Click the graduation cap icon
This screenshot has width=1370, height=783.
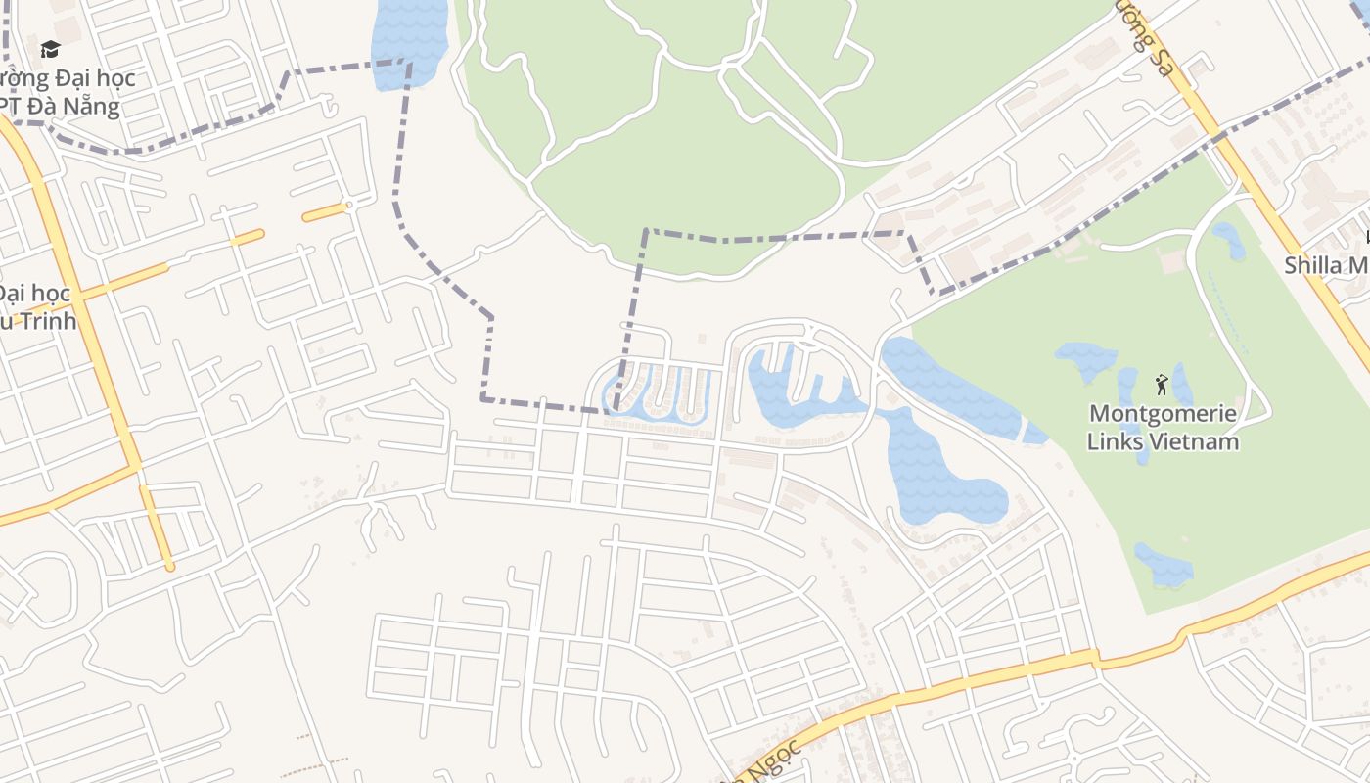(x=50, y=49)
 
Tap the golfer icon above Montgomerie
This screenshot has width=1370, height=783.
(x=1162, y=384)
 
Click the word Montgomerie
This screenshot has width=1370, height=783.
(x=1163, y=414)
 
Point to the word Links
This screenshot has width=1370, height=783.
(x=1116, y=441)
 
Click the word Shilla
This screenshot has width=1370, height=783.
(x=1313, y=265)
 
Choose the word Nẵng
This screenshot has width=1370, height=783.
(x=95, y=106)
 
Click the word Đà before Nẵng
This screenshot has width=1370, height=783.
(x=51, y=106)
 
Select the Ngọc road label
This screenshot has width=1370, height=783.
(x=775, y=759)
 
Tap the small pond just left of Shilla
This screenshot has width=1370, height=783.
(x=1229, y=240)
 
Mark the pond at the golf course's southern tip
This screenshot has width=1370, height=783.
(x=1164, y=566)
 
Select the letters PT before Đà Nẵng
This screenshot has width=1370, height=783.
(x=16, y=106)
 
